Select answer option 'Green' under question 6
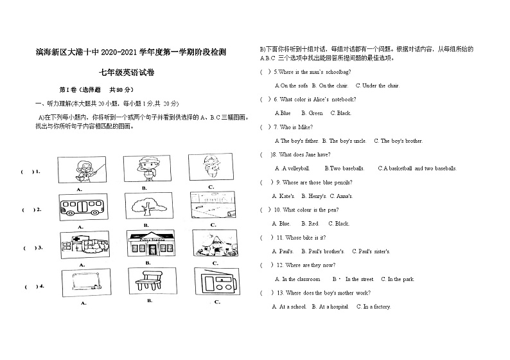point(316,113)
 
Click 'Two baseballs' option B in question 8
point(346,168)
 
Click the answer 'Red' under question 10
point(313,224)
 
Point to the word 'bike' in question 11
point(309,238)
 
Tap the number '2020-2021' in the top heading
point(123,51)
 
